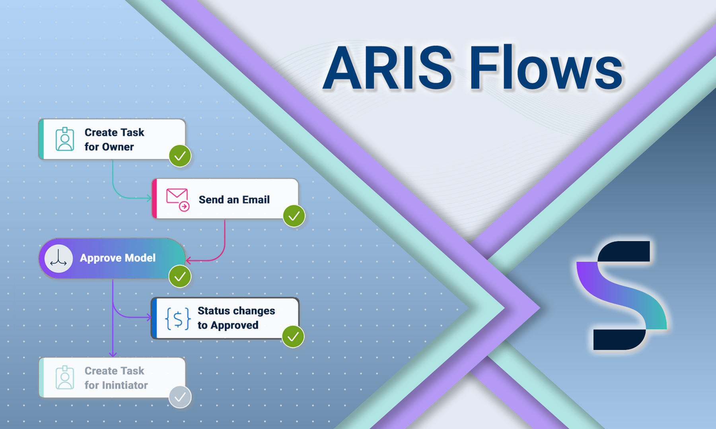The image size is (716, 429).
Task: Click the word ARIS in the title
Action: click(x=388, y=68)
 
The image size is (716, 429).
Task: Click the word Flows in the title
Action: click(x=546, y=68)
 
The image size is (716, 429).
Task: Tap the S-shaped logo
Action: click(x=622, y=296)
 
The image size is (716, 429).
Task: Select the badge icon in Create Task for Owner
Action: click(x=65, y=139)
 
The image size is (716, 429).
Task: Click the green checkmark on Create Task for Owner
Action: click(x=180, y=156)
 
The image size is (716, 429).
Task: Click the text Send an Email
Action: click(x=234, y=199)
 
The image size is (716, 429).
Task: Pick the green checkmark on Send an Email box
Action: click(x=294, y=216)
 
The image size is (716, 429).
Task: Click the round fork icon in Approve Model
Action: click(x=58, y=258)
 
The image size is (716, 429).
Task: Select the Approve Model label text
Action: click(x=117, y=258)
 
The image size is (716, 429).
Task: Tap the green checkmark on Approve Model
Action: click(x=180, y=276)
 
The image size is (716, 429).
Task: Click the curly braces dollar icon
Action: click(x=177, y=318)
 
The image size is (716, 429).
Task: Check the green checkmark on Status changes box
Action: click(x=293, y=336)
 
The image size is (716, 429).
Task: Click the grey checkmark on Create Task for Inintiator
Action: click(x=180, y=397)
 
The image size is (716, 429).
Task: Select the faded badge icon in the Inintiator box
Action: click(x=65, y=378)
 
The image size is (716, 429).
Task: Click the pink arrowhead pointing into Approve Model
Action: click(x=189, y=261)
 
